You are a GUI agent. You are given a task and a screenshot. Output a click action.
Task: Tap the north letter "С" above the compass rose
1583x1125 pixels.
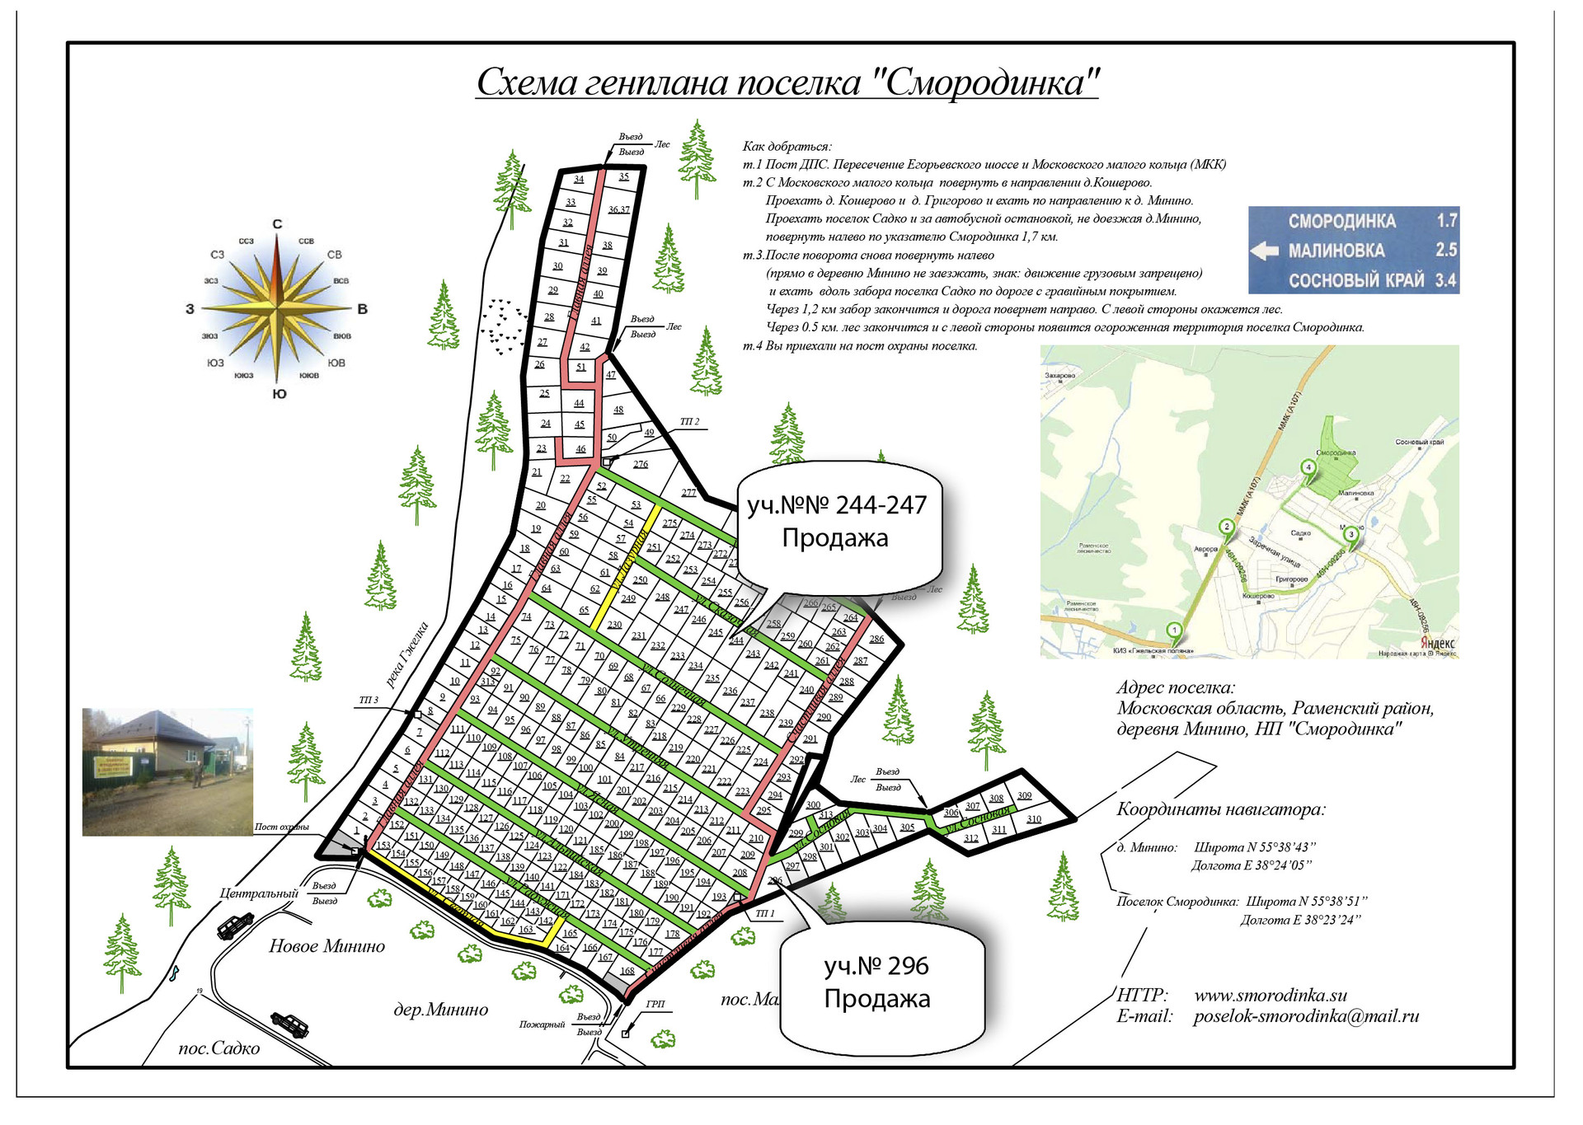pyautogui.click(x=278, y=224)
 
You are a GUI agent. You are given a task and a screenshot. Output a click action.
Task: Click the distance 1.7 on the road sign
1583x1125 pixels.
pyautogui.click(x=1446, y=221)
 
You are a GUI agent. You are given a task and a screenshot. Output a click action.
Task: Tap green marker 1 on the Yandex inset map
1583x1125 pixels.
pyautogui.click(x=1174, y=631)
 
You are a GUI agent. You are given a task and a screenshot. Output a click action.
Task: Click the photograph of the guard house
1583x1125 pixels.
pyautogui.click(x=167, y=771)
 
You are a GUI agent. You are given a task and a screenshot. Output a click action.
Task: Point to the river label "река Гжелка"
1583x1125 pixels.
pyautogui.click(x=407, y=655)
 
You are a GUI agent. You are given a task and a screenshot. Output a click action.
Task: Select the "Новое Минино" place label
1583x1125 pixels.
pyautogui.click(x=326, y=946)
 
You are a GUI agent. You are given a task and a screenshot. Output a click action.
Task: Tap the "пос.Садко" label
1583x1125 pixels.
pyautogui.click(x=219, y=1048)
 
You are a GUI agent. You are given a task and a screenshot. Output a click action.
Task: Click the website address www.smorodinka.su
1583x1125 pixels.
pyautogui.click(x=1271, y=995)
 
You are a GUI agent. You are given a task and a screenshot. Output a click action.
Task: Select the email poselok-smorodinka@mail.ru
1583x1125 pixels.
pyautogui.click(x=1306, y=1016)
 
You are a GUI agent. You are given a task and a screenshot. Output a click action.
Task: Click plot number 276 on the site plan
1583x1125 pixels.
pyautogui.click(x=641, y=464)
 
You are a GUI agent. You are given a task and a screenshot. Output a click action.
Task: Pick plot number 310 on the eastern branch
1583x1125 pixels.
pyautogui.click(x=1034, y=819)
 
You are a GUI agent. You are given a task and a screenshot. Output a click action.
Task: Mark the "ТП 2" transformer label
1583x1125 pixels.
pyautogui.click(x=689, y=422)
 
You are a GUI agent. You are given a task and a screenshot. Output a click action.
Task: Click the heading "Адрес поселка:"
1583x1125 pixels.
pyautogui.click(x=1176, y=687)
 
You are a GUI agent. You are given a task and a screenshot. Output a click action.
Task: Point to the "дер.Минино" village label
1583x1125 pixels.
pyautogui.click(x=440, y=1010)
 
